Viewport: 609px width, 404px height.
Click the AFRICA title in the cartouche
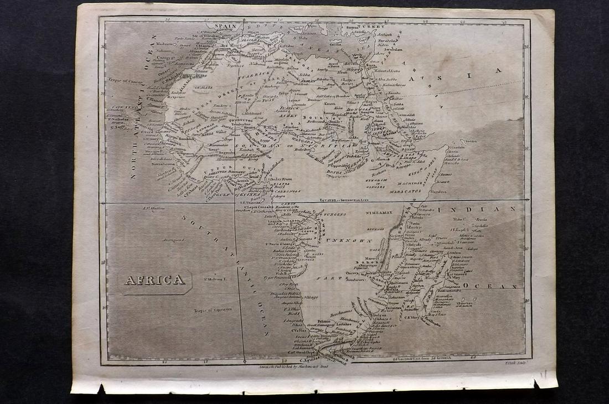point(154,280)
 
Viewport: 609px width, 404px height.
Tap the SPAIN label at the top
point(220,26)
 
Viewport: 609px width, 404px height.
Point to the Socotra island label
point(472,141)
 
